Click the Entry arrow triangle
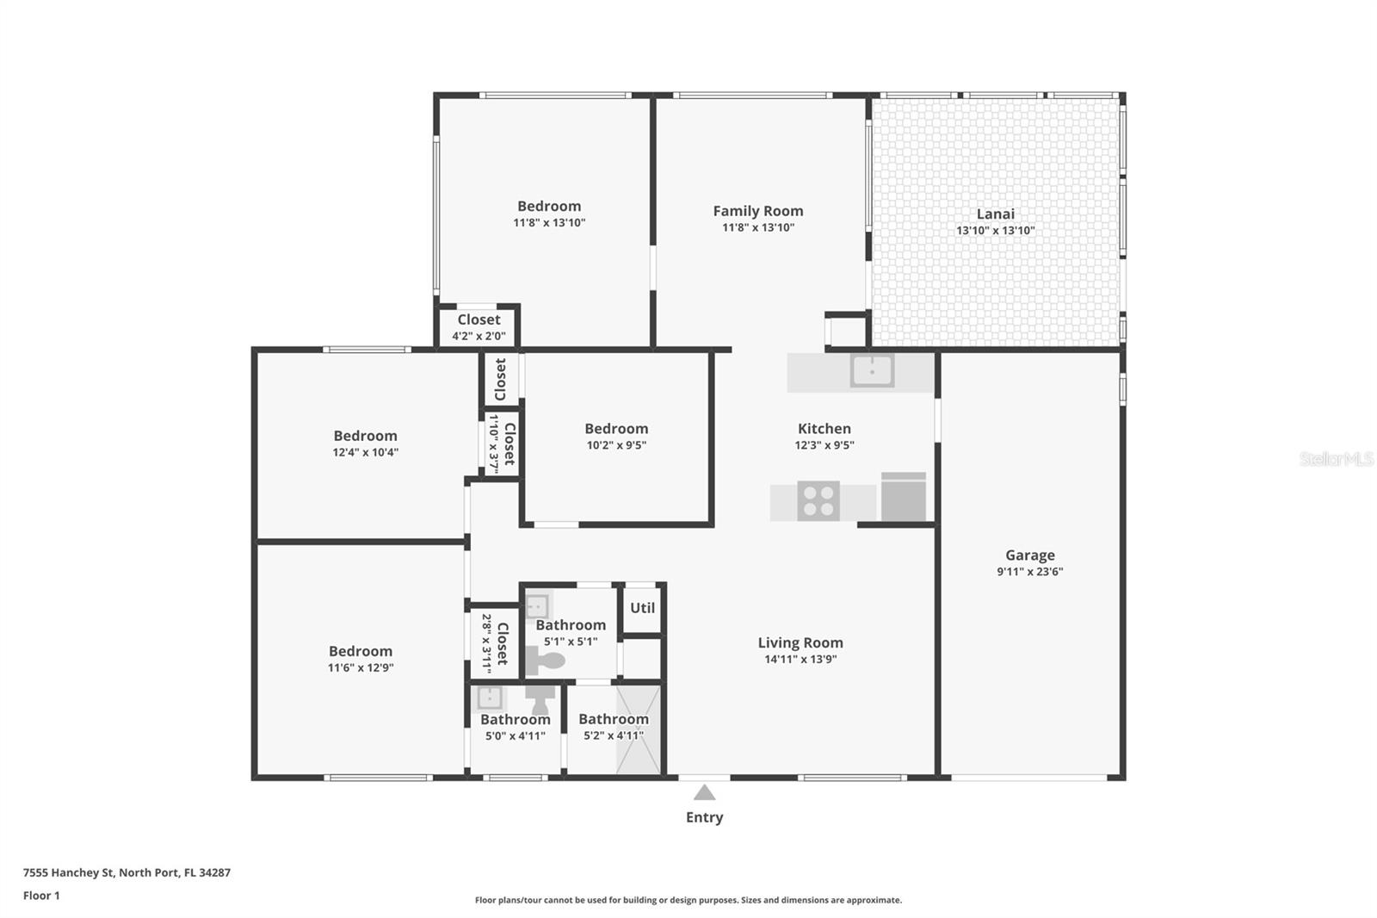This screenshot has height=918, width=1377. pyautogui.click(x=704, y=792)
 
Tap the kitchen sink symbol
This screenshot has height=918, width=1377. pyautogui.click(x=872, y=371)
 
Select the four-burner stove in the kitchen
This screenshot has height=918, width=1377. pyautogui.click(x=818, y=500)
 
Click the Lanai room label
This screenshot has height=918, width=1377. pyautogui.click(x=995, y=214)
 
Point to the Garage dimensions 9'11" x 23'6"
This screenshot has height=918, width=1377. pyautogui.click(x=1029, y=571)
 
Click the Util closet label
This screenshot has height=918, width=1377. pyautogui.click(x=642, y=608)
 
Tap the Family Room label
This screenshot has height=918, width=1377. pyautogui.click(x=757, y=211)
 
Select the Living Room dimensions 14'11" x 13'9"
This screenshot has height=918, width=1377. pyautogui.click(x=800, y=659)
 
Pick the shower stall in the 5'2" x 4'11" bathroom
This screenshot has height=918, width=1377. pyautogui.click(x=639, y=730)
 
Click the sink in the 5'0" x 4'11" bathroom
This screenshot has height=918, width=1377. pyautogui.click(x=490, y=697)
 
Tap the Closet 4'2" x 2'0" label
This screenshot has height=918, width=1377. pyautogui.click(x=479, y=319)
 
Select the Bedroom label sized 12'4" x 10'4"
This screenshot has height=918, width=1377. pyautogui.click(x=365, y=436)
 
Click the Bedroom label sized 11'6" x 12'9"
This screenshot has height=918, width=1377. pyautogui.click(x=360, y=651)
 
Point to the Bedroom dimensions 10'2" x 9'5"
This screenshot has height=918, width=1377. pyautogui.click(x=616, y=445)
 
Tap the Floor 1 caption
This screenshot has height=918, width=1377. pyautogui.click(x=41, y=896)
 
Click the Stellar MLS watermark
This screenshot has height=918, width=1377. pyautogui.click(x=1336, y=460)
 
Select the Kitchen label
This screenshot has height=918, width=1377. pyautogui.click(x=824, y=429)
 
